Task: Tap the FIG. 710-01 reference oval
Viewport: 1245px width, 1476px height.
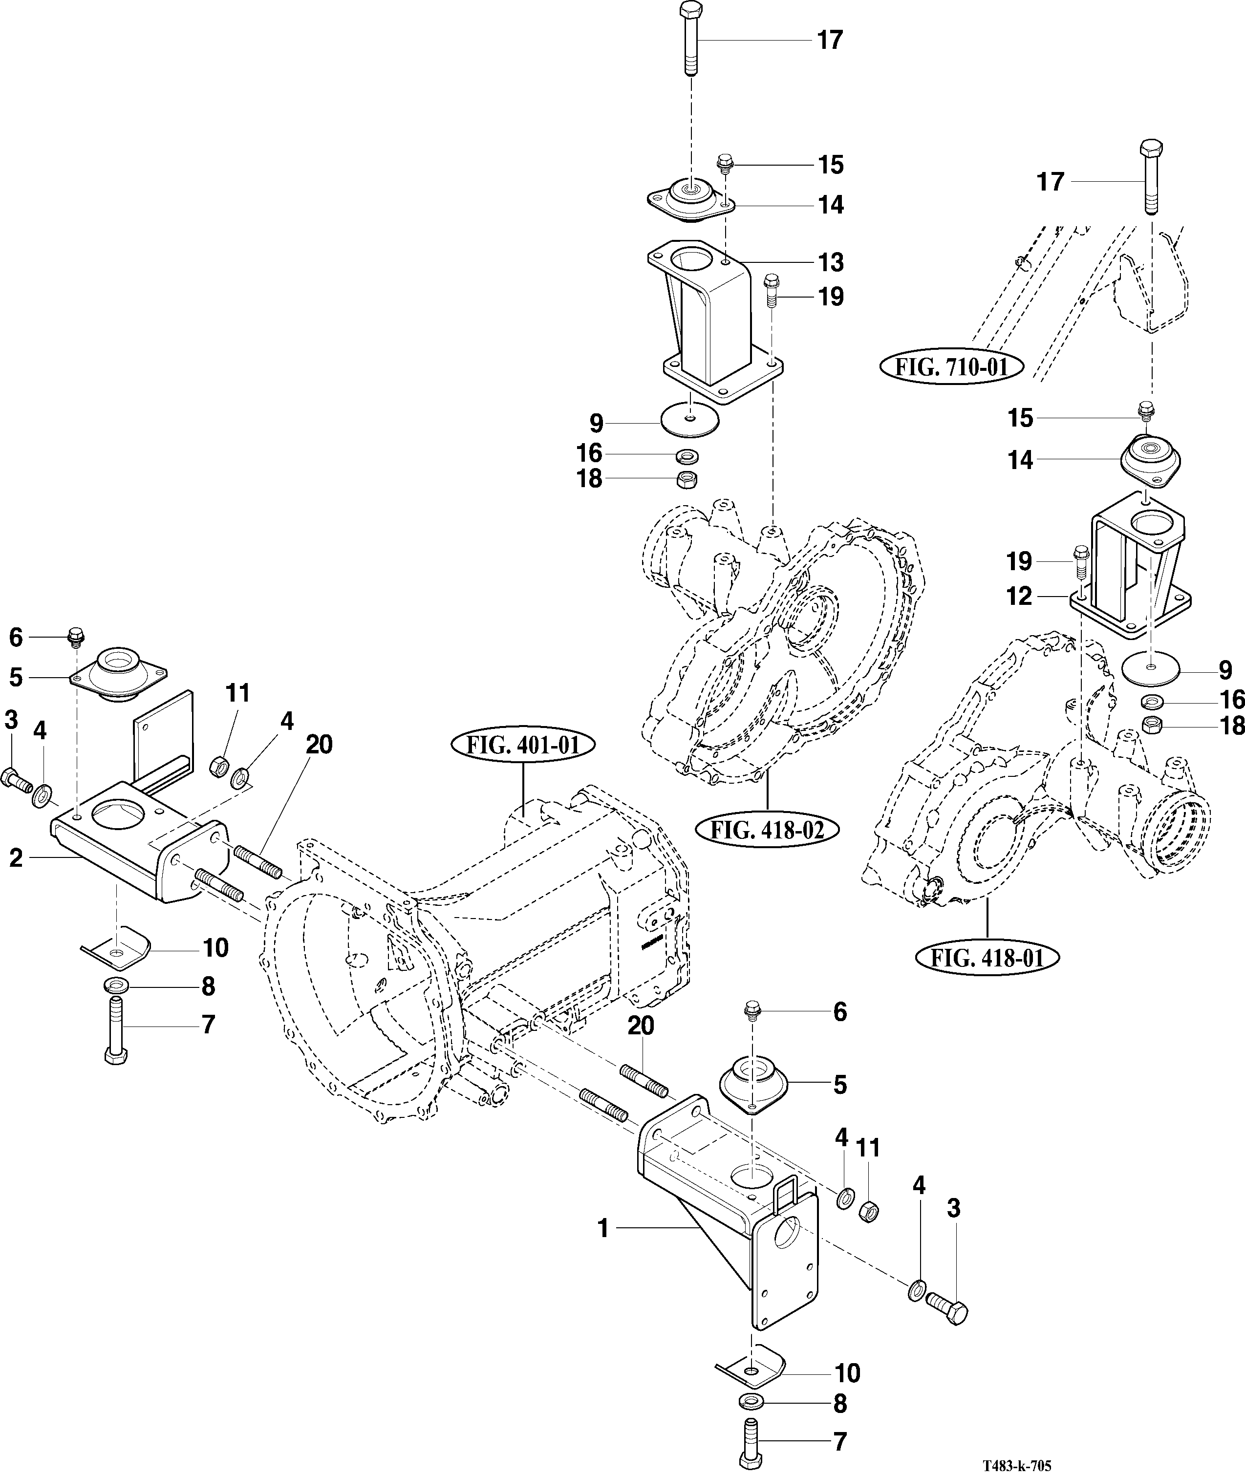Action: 952,367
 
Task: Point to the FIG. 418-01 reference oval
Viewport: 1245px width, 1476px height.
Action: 987,958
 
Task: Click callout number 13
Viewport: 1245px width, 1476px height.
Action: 831,262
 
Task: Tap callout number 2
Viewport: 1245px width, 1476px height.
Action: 16,858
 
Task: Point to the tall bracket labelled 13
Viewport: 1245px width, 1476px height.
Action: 713,324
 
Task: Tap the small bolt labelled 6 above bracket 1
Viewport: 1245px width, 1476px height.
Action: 752,1011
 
